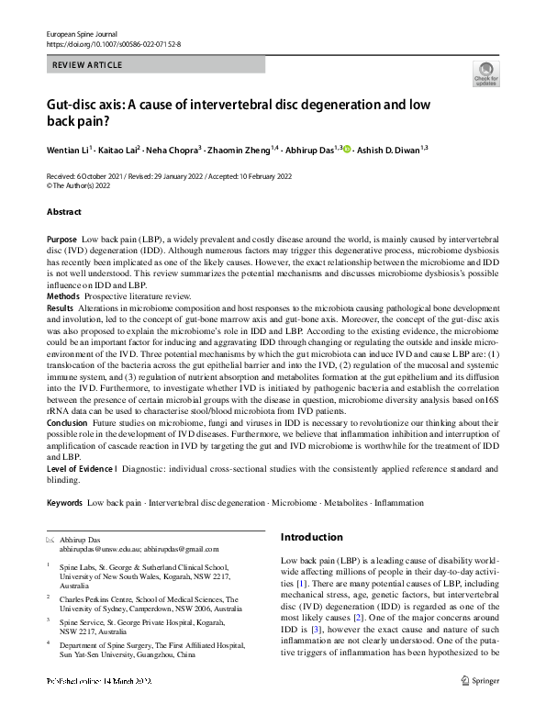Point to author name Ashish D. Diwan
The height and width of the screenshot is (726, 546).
click(x=388, y=149)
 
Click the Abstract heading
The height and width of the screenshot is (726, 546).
click(x=64, y=212)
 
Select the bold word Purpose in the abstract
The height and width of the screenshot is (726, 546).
click(x=61, y=238)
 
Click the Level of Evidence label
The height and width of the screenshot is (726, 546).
click(x=80, y=468)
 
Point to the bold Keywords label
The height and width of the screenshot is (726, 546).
click(x=64, y=503)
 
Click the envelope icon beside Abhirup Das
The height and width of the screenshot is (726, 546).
click(x=50, y=541)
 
